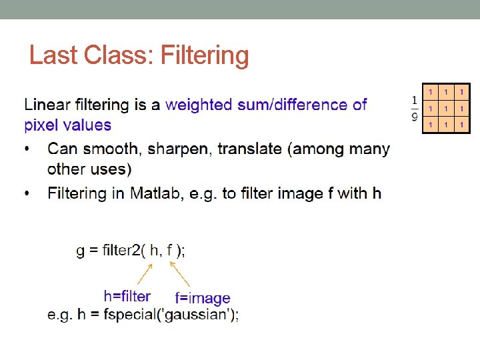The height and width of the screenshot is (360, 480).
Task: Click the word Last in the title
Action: pos(50,55)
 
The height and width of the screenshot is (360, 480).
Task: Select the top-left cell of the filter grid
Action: pos(431,92)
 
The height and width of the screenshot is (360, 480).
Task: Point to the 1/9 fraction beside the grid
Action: pos(414,109)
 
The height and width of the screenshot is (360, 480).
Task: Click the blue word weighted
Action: pos(199,105)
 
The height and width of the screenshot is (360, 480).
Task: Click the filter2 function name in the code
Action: pos(117,251)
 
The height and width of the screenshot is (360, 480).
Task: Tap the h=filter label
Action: pos(127,295)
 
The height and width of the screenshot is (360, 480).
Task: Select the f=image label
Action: pos(203,298)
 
